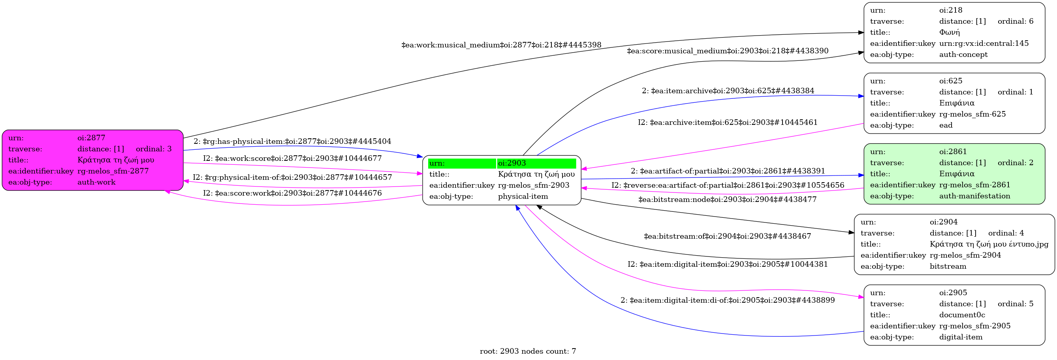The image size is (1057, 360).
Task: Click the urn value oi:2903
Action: click(x=512, y=163)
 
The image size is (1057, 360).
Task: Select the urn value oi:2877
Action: click(x=91, y=138)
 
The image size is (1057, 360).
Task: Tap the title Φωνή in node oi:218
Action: click(x=950, y=32)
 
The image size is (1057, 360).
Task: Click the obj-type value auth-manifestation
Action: click(x=974, y=196)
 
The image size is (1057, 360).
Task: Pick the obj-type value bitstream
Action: click(x=948, y=266)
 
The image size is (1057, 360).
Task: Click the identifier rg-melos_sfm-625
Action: click(x=972, y=114)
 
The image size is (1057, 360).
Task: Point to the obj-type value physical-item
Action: click(x=523, y=196)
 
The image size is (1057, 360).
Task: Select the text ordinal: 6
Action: click(x=1016, y=21)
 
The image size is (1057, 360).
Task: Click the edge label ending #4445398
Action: click(x=501, y=45)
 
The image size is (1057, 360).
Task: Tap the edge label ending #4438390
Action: click(x=728, y=51)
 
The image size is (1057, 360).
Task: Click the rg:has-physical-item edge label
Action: click(x=292, y=141)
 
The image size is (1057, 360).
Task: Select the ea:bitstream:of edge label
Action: click(x=728, y=236)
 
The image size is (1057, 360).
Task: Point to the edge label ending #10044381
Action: click(x=728, y=264)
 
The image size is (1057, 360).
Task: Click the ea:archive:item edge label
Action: click(x=728, y=123)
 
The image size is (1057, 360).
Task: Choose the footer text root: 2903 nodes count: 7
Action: click(x=528, y=351)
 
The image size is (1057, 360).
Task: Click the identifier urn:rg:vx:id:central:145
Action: click(x=984, y=43)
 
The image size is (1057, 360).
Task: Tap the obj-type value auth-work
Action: click(x=96, y=182)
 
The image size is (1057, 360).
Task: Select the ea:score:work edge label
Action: click(x=292, y=193)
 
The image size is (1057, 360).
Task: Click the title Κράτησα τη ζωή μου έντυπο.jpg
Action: click(x=989, y=244)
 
